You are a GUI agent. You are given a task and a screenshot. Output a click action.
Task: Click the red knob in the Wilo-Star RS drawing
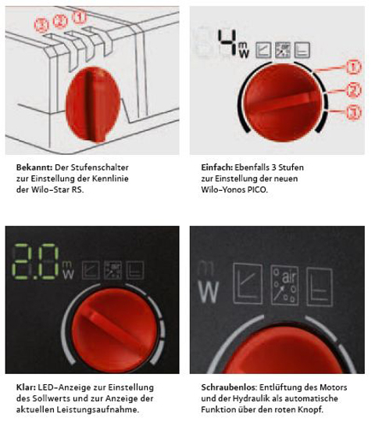coord(92,105)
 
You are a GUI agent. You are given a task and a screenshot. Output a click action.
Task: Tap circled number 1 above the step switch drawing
coord(80,17)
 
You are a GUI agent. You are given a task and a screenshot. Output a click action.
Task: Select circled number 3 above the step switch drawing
coord(41,25)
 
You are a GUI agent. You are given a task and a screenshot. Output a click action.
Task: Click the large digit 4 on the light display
coord(227,42)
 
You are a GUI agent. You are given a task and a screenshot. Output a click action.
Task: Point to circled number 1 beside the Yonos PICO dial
coord(354,67)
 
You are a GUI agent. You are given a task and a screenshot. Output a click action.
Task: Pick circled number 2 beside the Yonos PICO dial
coord(354,90)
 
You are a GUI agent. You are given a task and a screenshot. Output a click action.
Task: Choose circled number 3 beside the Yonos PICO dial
coord(354,113)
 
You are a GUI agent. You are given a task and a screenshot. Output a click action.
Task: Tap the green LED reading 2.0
coord(35,261)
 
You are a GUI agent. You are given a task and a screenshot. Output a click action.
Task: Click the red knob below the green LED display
coord(115,330)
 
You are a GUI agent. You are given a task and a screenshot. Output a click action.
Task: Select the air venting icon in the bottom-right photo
coord(284,285)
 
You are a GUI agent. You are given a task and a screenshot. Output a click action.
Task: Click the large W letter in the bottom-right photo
coord(209,292)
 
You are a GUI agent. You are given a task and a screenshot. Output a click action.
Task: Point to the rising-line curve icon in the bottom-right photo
coord(248,284)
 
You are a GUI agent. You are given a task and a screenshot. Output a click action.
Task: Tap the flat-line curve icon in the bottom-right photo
coord(320,286)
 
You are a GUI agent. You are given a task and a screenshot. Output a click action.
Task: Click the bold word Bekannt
coord(34,167)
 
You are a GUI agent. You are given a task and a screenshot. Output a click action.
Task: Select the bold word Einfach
coord(217,167)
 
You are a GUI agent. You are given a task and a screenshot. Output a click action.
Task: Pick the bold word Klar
coord(26,387)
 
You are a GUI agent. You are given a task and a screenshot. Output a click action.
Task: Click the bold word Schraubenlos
coord(229,387)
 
